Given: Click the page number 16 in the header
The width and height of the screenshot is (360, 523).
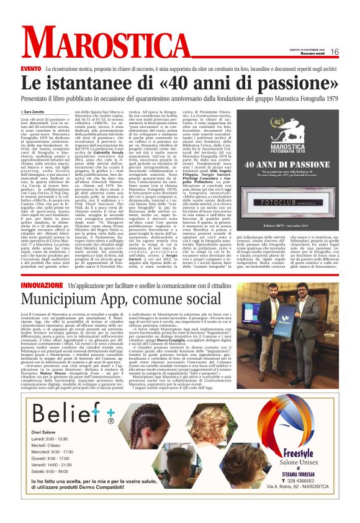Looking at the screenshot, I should tap(334, 52).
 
